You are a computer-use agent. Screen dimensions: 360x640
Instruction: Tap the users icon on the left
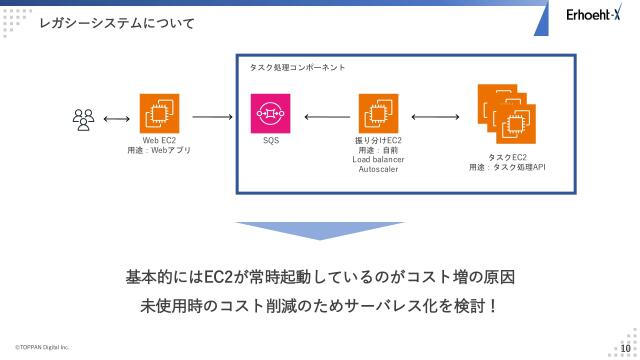tap(83, 119)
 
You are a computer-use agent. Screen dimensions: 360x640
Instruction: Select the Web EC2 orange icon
tap(158, 115)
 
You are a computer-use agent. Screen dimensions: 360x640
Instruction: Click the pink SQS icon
tap(270, 115)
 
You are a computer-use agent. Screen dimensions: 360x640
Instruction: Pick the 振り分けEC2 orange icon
tap(377, 115)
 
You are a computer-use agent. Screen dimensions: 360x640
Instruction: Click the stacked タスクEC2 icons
tap(506, 114)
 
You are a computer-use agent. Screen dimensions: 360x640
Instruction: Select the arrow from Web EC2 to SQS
tap(212, 117)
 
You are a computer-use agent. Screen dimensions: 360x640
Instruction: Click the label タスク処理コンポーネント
tap(298, 67)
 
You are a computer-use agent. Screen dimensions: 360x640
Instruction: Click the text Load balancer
tap(378, 160)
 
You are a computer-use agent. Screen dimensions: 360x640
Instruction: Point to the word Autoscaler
tap(378, 170)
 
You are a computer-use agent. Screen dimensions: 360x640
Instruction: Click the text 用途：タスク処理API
tap(507, 167)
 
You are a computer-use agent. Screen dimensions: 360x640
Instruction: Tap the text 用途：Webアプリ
tap(159, 150)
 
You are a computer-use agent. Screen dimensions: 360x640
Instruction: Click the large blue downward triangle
tap(319, 230)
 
